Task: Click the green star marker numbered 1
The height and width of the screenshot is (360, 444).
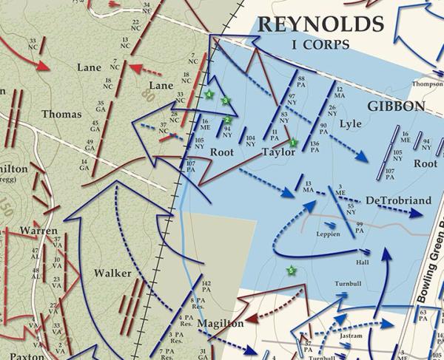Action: coord(293,142)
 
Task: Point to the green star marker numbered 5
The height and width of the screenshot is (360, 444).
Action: coord(291,271)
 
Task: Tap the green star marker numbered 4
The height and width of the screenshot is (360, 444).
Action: coord(209,95)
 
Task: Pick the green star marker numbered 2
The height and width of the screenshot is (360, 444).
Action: coord(228,120)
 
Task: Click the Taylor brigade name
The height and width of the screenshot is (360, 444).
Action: coord(279,152)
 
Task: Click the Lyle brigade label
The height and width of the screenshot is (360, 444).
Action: coord(350,124)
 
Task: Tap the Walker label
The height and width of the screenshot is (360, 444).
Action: coord(112,274)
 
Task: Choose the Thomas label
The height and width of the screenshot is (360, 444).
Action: coord(61,114)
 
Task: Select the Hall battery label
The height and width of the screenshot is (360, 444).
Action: coord(362,262)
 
